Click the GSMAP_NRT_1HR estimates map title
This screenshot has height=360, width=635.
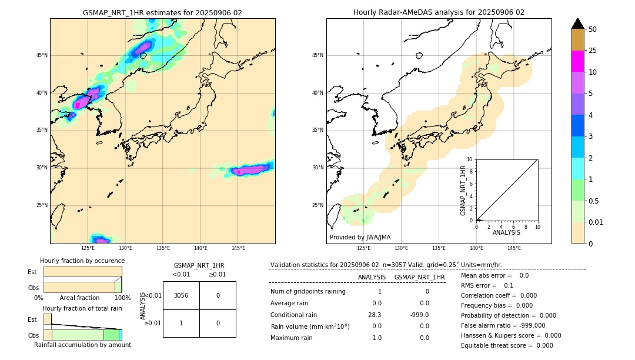click(162, 12)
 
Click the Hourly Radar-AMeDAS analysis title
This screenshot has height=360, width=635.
click(439, 12)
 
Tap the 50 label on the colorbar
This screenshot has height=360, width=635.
click(593, 29)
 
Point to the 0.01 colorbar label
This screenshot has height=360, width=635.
click(596, 222)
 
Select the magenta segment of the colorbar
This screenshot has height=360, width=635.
click(577, 61)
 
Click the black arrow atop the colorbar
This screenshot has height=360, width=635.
click(577, 24)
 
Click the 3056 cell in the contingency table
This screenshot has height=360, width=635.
click(181, 295)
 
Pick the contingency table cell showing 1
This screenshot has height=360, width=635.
click(181, 323)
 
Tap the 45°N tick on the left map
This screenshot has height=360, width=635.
click(42, 55)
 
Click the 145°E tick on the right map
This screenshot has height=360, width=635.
click(514, 248)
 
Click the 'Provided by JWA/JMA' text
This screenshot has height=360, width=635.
click(360, 237)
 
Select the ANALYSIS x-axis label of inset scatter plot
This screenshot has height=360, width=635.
click(506, 233)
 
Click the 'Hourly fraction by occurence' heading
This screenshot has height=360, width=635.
click(82, 261)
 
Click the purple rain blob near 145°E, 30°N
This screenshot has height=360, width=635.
click(250, 171)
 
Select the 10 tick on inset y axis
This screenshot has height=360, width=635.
click(469, 159)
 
